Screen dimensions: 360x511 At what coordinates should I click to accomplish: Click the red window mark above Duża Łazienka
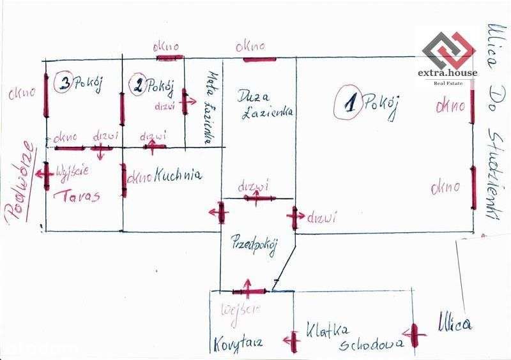259,59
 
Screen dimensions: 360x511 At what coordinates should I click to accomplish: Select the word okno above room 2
167,47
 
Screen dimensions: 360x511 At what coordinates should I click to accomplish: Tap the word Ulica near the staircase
455,324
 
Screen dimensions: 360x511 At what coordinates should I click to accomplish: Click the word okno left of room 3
21,94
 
